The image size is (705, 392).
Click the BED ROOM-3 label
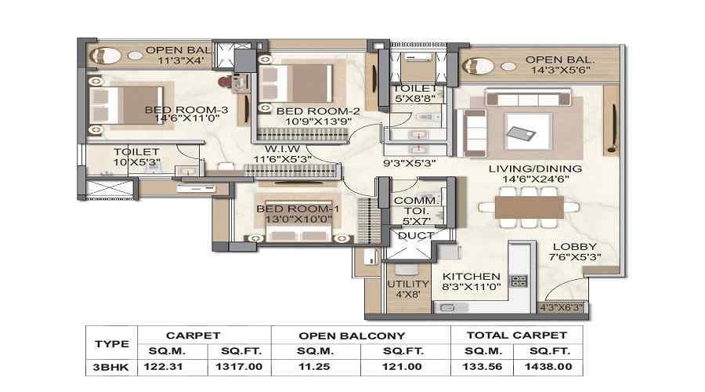186,110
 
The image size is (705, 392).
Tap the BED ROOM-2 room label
307,111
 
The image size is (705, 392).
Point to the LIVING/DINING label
535,169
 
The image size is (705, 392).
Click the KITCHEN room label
471,277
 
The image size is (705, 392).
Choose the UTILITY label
408,284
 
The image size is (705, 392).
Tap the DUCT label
411,235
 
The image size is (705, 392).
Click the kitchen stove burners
519,280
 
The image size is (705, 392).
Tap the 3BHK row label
111,365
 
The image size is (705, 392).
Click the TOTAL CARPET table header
515,336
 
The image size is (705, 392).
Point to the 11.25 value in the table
316,365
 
